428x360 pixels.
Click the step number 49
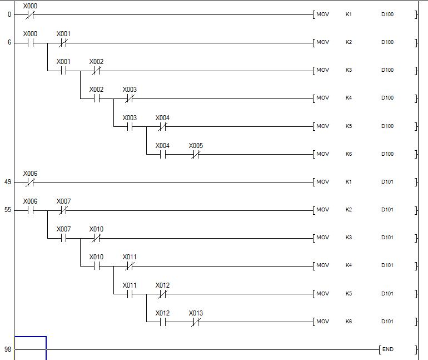8,182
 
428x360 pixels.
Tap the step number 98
8,349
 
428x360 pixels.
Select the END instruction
387,349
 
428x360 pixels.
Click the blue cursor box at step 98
30,348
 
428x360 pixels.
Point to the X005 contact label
196,146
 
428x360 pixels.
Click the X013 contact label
196,313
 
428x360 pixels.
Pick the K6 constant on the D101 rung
349,322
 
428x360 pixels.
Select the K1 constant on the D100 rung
349,14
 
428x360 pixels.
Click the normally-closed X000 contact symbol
30,14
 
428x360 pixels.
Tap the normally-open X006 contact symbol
30,210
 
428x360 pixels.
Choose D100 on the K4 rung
387,98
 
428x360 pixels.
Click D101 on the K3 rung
387,238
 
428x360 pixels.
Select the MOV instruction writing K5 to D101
322,294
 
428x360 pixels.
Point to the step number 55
8,210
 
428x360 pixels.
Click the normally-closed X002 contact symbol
96,71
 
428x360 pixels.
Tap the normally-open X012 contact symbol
162,322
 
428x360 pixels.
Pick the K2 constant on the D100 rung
349,42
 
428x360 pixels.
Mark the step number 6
9,42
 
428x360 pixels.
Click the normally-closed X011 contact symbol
130,266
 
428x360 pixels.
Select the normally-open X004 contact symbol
162,154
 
